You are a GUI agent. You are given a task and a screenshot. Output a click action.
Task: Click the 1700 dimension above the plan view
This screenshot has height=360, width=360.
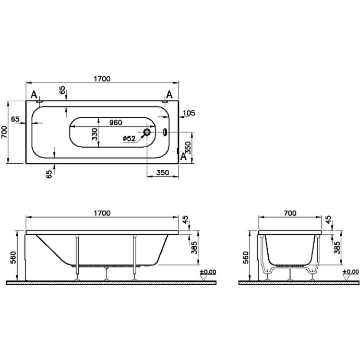102,79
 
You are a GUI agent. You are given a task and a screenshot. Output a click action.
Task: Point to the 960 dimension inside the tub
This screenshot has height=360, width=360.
115,123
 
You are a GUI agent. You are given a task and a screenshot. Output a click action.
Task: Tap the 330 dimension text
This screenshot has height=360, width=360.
95,134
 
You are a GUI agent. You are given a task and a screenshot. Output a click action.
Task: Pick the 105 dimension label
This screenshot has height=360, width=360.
189,113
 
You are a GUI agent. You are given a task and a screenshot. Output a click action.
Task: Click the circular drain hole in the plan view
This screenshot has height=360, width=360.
147,133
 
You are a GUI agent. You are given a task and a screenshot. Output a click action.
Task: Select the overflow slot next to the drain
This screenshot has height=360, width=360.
166,132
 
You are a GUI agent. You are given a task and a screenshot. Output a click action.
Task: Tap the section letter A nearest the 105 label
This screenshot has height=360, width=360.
170,94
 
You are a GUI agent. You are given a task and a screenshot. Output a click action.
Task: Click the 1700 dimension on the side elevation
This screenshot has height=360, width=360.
102,213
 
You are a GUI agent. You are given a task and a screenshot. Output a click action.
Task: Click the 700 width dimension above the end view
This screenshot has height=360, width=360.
290,213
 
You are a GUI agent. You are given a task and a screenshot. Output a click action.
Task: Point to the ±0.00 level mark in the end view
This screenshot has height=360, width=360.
351,272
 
